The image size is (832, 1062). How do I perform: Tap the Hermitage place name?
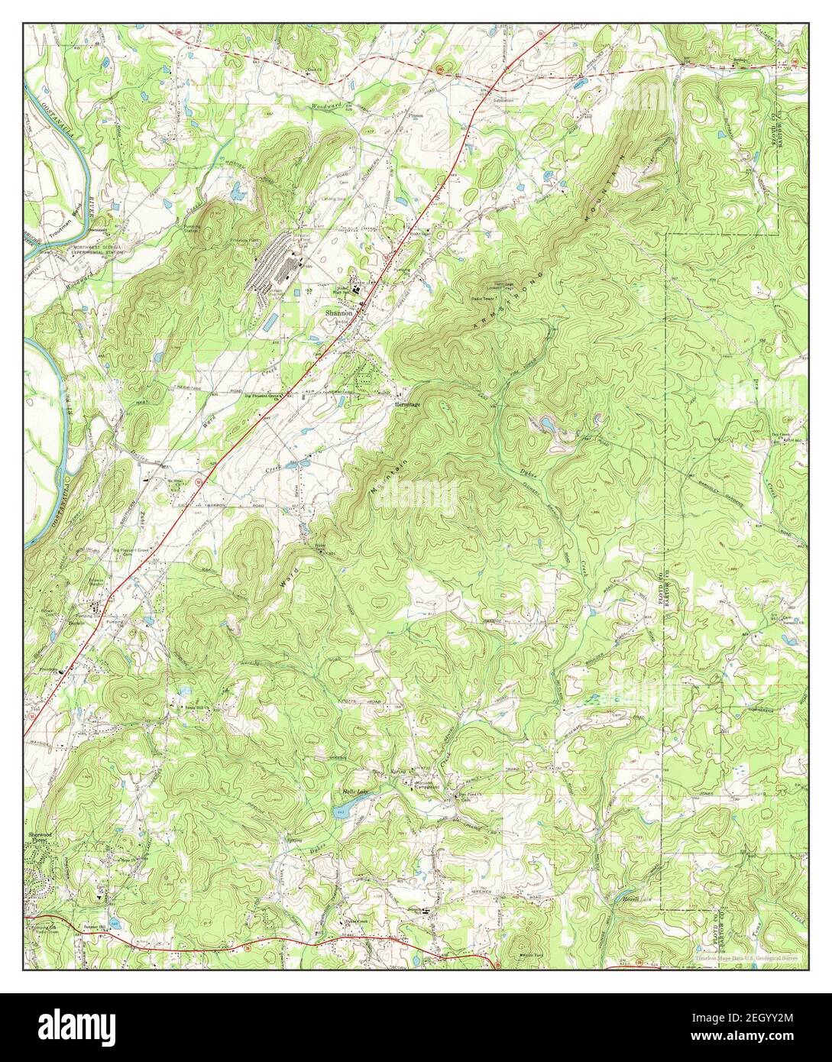(409, 405)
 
